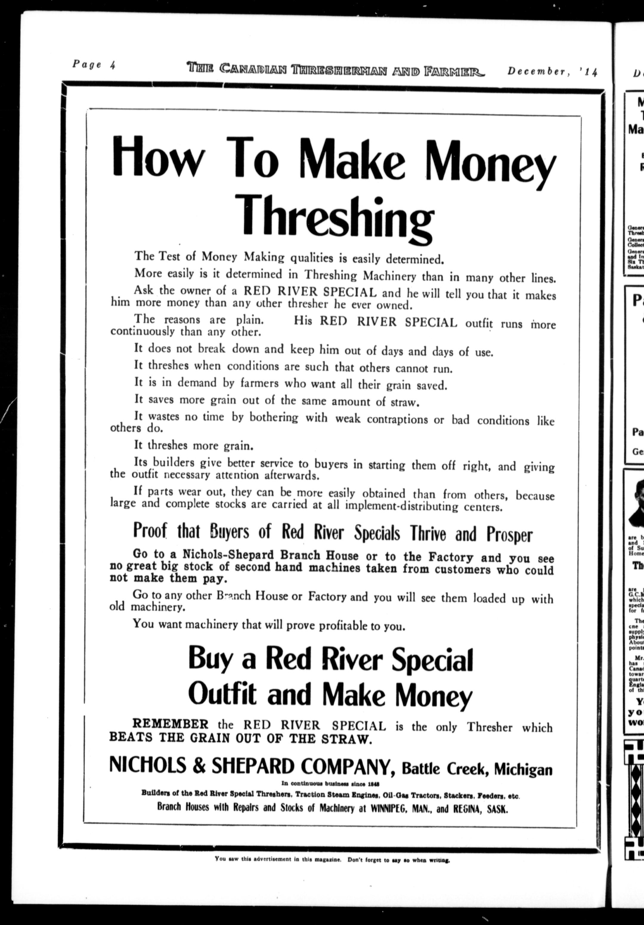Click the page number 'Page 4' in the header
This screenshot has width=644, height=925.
(94, 65)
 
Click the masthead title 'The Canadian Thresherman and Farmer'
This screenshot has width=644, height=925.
(336, 69)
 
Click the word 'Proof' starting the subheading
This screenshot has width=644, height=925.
(150, 531)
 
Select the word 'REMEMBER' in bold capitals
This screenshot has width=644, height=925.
(171, 724)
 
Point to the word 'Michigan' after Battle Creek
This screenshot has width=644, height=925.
(523, 770)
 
